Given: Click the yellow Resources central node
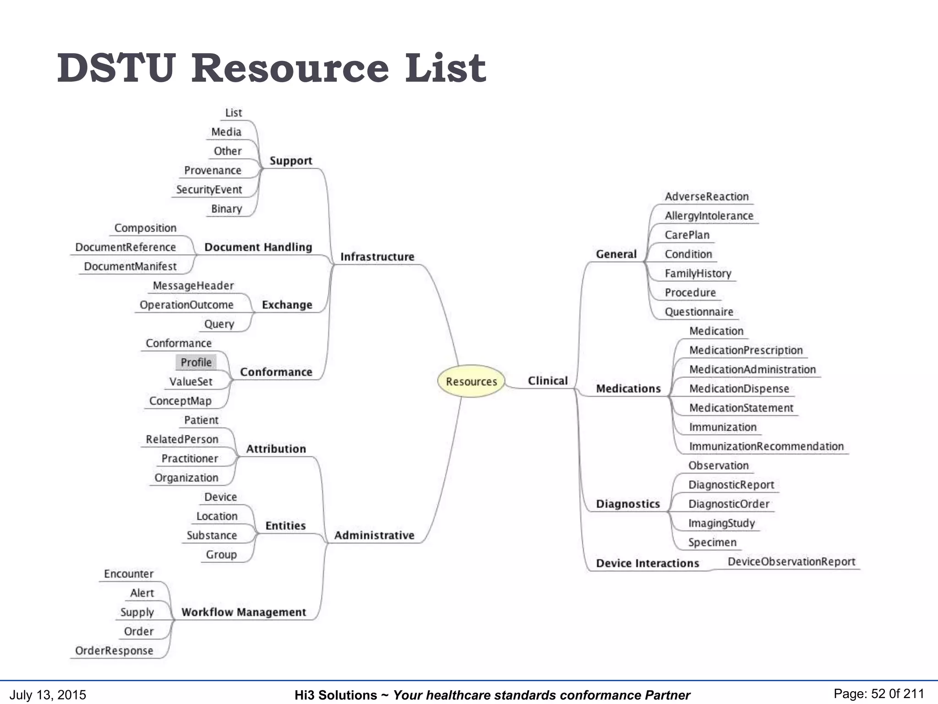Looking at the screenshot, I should (471, 381).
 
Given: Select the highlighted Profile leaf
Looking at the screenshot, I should (196, 363).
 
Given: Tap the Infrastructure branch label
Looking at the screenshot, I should (377, 257).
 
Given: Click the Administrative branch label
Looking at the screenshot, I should (374, 535).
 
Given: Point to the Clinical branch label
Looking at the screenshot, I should (547, 381).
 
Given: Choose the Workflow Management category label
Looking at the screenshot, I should (243, 612).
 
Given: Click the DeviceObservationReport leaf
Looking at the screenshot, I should (791, 562).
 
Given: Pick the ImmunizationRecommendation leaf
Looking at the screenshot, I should (766, 446).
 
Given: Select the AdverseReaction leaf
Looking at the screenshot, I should (706, 197).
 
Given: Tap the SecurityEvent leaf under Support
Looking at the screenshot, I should (209, 190).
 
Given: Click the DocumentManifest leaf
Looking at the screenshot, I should (130, 267).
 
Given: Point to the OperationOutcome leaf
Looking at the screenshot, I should (186, 305).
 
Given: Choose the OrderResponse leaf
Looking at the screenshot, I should (114, 651).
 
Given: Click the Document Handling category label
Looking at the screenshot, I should (258, 247).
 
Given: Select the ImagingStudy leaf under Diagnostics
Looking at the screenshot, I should (721, 523).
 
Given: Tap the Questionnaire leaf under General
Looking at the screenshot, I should (698, 312).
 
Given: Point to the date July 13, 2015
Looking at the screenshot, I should (48, 695).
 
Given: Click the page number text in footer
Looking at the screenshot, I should (878, 694).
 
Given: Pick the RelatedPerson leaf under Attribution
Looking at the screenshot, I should (182, 440).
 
